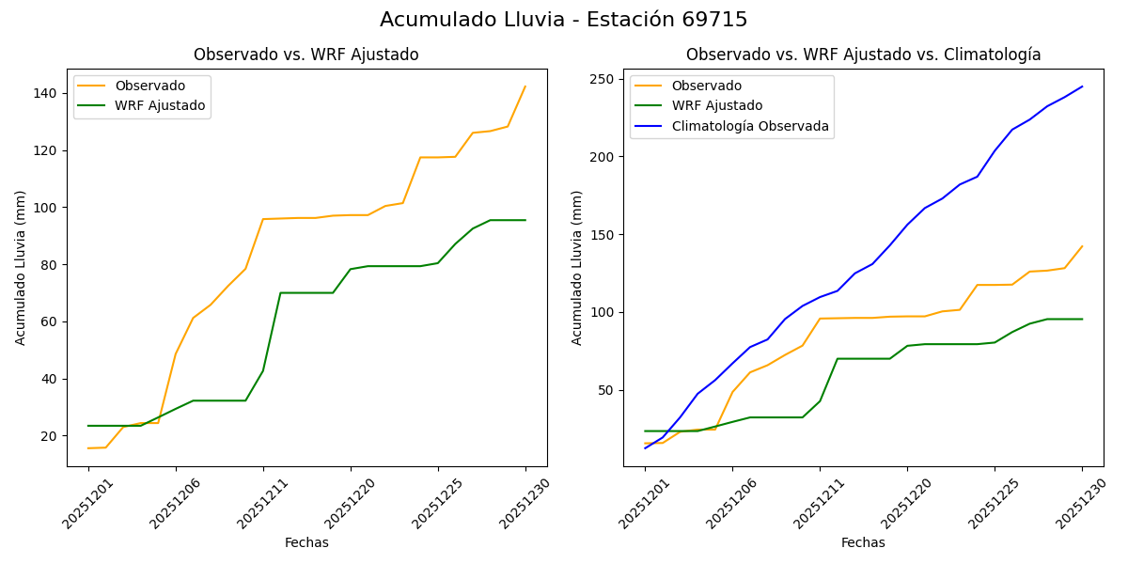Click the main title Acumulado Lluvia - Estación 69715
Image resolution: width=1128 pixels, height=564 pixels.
pyautogui.click(x=564, y=20)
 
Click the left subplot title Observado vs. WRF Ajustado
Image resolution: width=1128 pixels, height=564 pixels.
pyautogui.click(x=306, y=55)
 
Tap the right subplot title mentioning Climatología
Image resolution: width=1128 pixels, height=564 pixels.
pyautogui.click(x=863, y=55)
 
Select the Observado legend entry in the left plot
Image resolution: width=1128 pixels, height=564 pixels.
pyautogui.click(x=149, y=86)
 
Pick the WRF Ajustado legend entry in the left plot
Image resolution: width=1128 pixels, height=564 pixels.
pyautogui.click(x=160, y=106)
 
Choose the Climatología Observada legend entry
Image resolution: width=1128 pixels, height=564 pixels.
pyautogui.click(x=750, y=126)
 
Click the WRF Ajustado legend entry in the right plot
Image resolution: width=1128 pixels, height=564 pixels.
pyautogui.click(x=716, y=106)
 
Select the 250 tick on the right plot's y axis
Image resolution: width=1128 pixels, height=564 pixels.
pyautogui.click(x=603, y=79)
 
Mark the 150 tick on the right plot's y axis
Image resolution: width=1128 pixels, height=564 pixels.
pyautogui.click(x=603, y=235)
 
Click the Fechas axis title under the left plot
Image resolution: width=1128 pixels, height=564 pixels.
pyautogui.click(x=306, y=543)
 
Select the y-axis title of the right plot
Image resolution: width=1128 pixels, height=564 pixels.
pyautogui.click(x=578, y=268)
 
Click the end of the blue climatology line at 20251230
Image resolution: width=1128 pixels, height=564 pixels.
pyautogui.click(x=1082, y=86)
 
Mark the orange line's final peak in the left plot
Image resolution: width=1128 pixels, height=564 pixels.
pyautogui.click(x=525, y=86)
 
